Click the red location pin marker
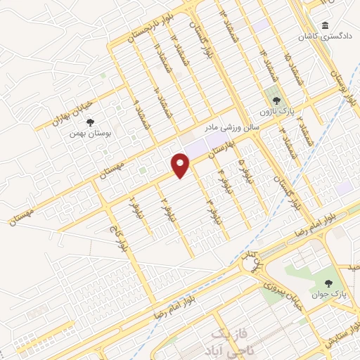[x=181, y=166]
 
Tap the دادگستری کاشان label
[x=326, y=36]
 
